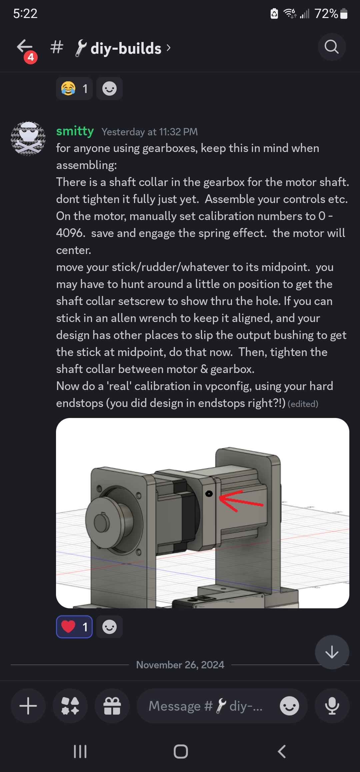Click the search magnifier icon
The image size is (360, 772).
(x=331, y=47)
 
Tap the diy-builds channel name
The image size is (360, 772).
(x=126, y=48)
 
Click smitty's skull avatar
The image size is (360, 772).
(x=28, y=138)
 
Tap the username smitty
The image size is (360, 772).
(x=75, y=131)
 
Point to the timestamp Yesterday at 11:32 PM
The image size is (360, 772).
(x=149, y=132)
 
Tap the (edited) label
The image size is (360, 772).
(x=303, y=404)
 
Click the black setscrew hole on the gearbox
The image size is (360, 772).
(x=209, y=494)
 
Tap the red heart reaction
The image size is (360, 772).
(x=74, y=627)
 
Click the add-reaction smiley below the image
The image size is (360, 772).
(x=109, y=627)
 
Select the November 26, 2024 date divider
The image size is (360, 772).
(x=180, y=665)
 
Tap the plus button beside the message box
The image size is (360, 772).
(x=28, y=706)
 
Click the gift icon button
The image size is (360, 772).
(x=112, y=706)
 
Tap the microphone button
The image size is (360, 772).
(x=332, y=706)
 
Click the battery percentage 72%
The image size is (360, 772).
(x=326, y=14)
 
